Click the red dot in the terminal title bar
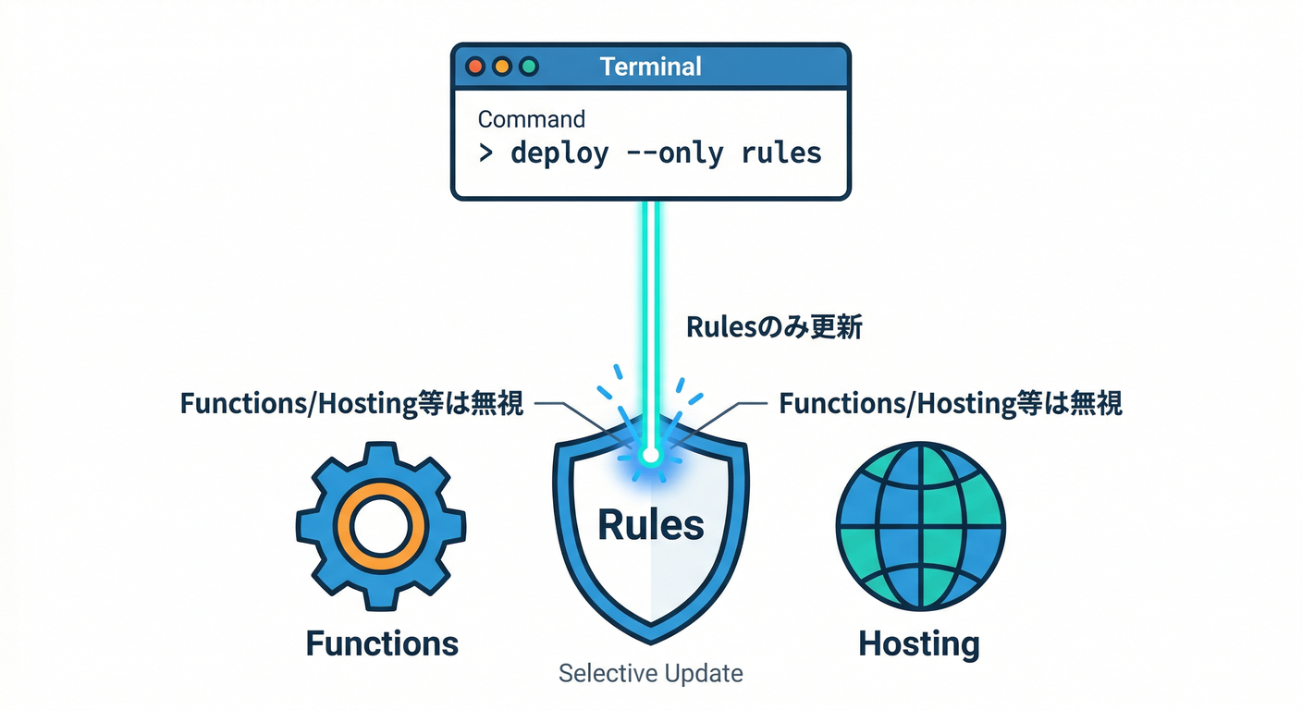point(476,67)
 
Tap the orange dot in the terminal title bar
point(502,67)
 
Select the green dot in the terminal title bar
point(529,67)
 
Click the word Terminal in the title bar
point(650,67)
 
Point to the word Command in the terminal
point(531,119)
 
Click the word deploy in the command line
point(559,153)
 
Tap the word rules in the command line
point(781,153)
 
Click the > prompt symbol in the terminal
point(485,153)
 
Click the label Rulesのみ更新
point(773,327)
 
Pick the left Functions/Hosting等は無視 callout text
point(351,404)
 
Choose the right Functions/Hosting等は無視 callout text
point(951,404)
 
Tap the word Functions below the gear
point(382,643)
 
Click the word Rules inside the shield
point(650,525)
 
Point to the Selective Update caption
point(650,673)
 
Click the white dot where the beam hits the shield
point(650,456)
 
